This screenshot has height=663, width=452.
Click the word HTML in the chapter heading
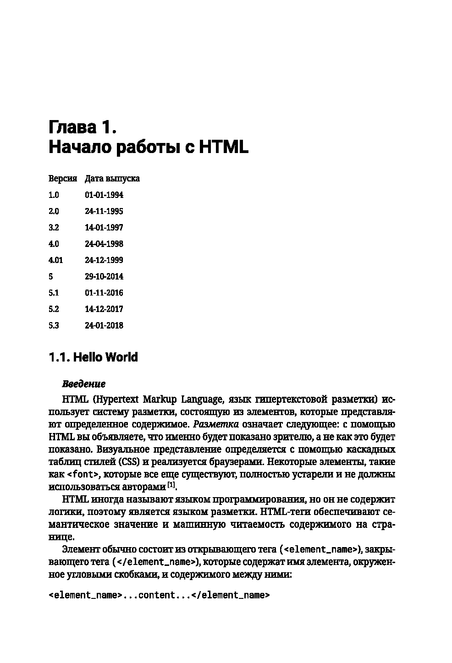pos(224,148)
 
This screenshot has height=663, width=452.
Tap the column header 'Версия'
pos(62,179)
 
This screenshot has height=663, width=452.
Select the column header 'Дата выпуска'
pos(112,179)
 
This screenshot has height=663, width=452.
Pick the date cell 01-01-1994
pos(104,195)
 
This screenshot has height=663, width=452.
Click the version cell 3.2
pos(54,228)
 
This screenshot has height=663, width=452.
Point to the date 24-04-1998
pos(104,244)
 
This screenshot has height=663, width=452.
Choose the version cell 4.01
pos(55,260)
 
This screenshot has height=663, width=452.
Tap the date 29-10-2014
pos(104,277)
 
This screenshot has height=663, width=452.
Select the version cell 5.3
pos(54,326)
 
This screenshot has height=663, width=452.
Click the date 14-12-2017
pos(104,309)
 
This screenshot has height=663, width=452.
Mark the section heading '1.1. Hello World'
pos(93,357)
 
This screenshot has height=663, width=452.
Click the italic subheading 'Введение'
pos(83,384)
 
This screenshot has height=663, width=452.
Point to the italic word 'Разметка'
pos(216,424)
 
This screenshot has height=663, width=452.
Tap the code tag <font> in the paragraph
pos(86,474)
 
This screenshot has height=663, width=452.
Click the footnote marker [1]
pos(171,484)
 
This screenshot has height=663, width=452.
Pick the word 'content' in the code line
pos(156,596)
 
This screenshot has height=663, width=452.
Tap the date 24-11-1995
pos(104,212)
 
